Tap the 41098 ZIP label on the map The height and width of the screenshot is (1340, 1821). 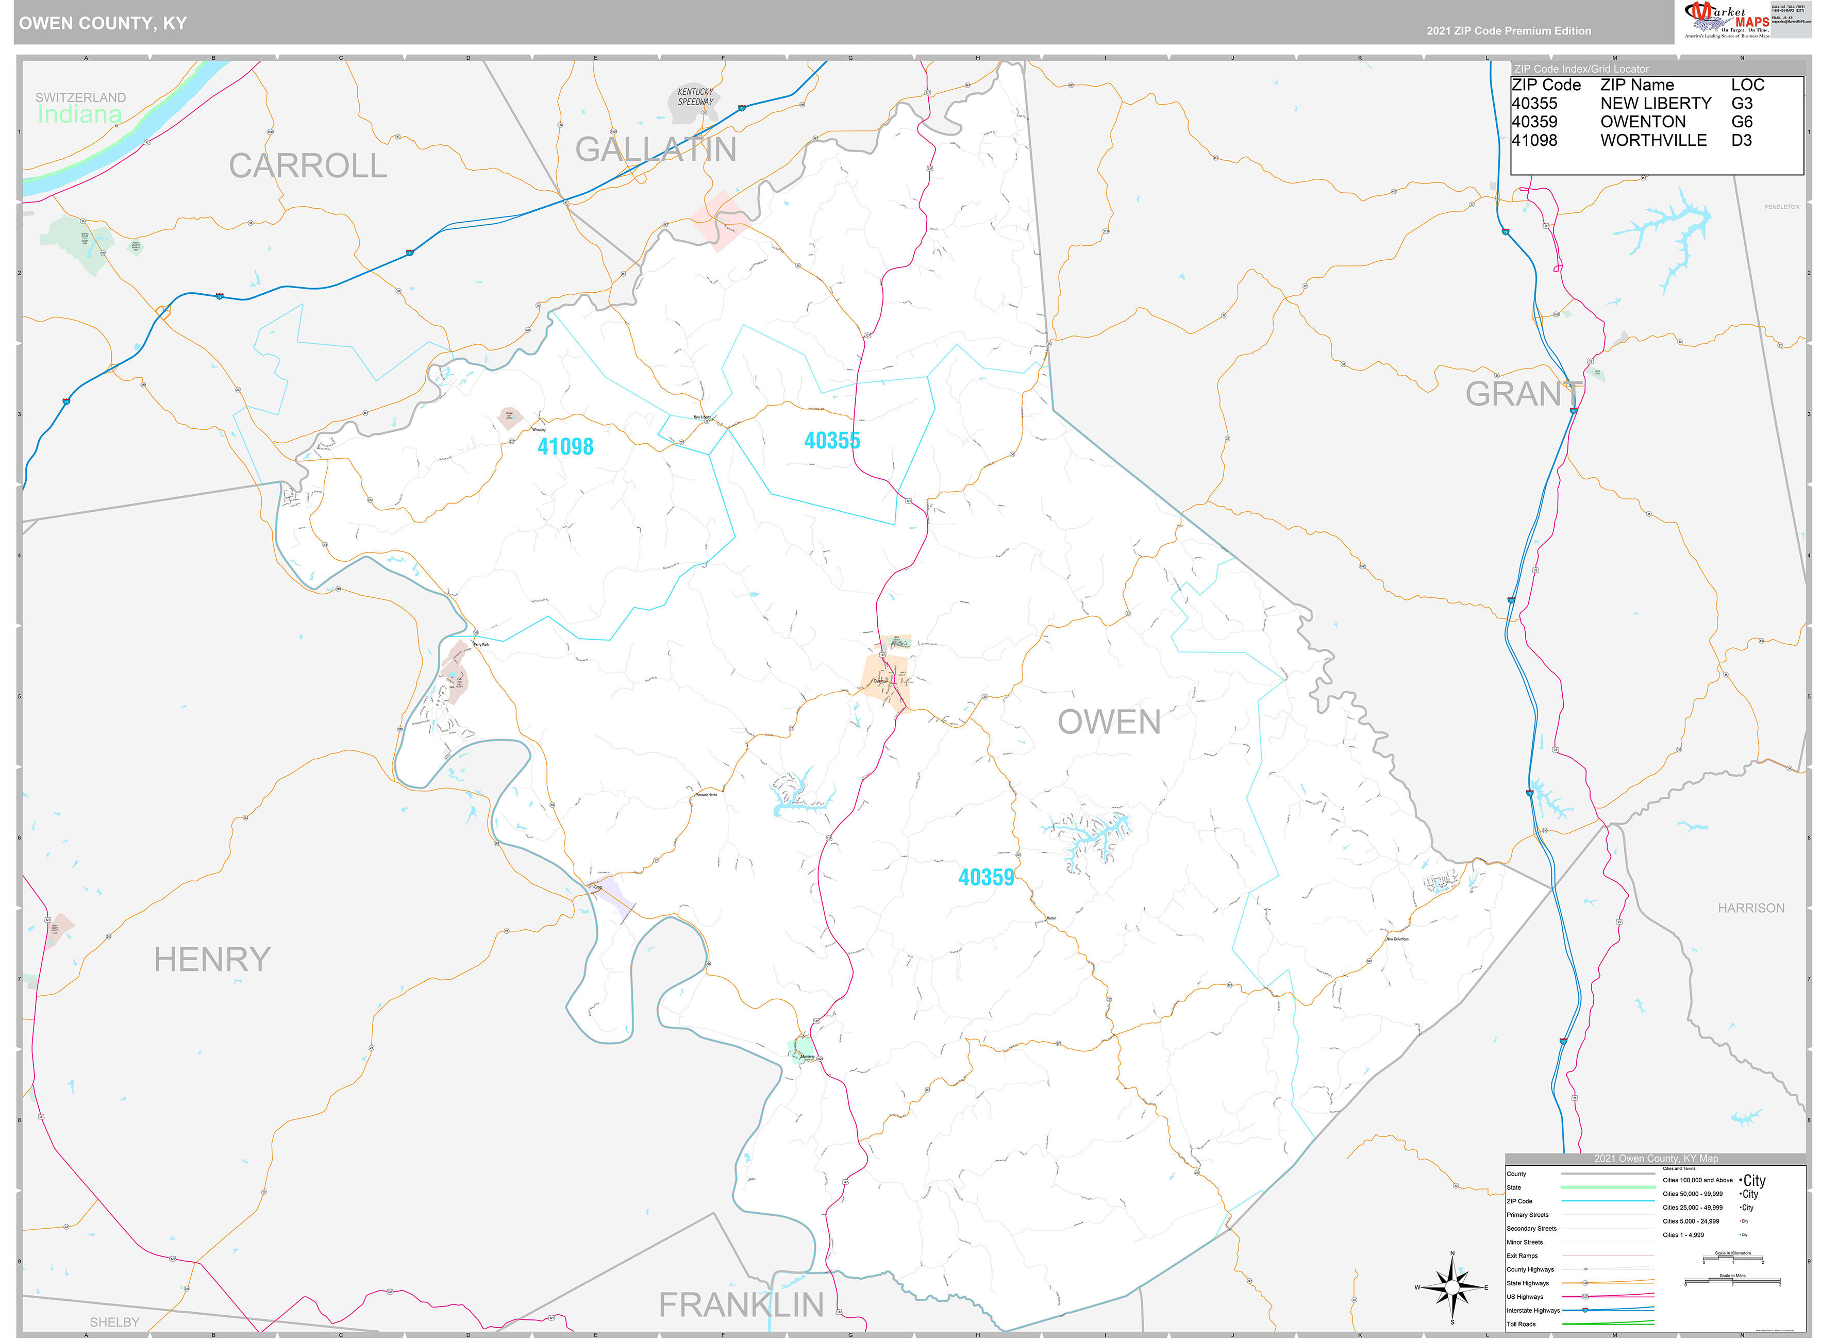[x=565, y=447]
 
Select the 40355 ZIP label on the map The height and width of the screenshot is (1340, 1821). [x=831, y=441]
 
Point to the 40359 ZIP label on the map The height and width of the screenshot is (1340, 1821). [x=985, y=877]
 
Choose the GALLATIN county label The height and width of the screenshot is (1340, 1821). [x=656, y=149]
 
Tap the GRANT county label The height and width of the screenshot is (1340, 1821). [x=1523, y=394]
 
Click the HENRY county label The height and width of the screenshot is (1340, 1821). [x=212, y=960]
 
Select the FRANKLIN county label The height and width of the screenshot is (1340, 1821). [x=741, y=1305]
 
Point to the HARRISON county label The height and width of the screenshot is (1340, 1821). [x=1750, y=908]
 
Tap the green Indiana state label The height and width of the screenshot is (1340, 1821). [x=79, y=114]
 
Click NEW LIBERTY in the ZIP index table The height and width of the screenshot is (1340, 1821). [x=1655, y=104]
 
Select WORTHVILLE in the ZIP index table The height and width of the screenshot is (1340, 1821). [x=1652, y=140]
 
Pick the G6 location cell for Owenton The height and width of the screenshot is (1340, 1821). [x=1742, y=122]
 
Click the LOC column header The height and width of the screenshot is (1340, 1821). [x=1747, y=85]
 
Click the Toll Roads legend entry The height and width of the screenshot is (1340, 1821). [x=1521, y=1324]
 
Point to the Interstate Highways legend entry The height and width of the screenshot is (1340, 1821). [x=1532, y=1310]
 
